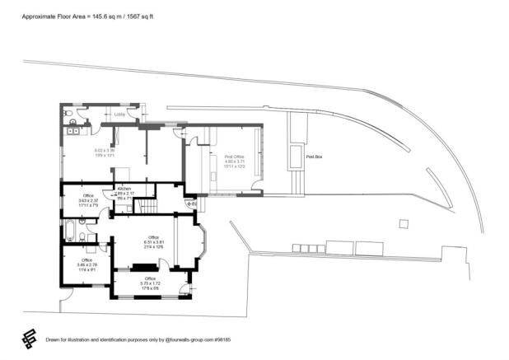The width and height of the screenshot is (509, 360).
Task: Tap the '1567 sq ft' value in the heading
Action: coord(154,16)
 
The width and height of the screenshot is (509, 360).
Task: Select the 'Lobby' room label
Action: coord(119,115)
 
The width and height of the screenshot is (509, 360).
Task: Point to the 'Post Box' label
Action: coord(313,156)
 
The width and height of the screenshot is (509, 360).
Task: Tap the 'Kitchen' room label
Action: coord(124,189)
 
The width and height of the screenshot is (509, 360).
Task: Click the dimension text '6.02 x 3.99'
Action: coord(104,150)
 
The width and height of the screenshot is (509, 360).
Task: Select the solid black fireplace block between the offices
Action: coord(145,266)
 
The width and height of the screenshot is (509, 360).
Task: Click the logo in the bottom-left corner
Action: coord(28,338)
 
